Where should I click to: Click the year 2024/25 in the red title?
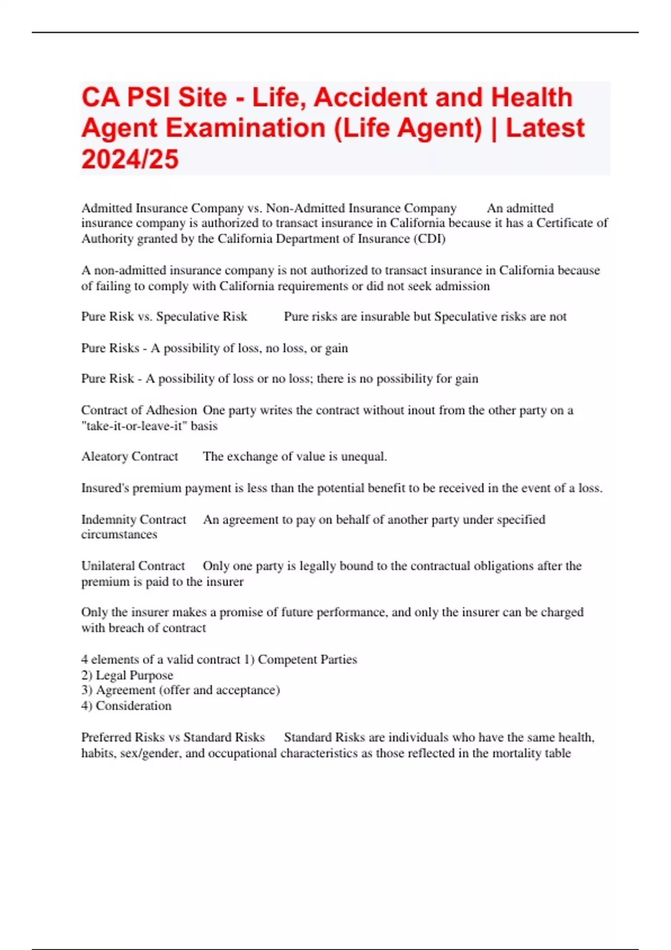[x=130, y=159]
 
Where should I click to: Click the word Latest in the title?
[x=545, y=128]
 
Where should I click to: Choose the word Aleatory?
[x=105, y=457]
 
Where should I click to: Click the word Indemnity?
[x=107, y=520]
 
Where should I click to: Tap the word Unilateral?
[x=107, y=566]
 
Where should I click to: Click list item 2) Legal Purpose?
[x=127, y=675]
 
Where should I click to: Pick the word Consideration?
[x=134, y=706]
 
